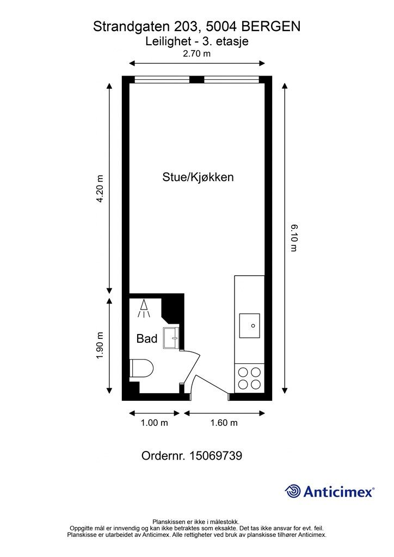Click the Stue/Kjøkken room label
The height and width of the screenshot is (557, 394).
pos(198,177)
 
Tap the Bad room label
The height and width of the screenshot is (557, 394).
pos(147,338)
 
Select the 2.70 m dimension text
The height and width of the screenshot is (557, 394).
pos(196,54)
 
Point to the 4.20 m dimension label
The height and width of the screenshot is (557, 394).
pos(100,189)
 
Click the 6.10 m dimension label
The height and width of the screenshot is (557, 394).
pos(294,238)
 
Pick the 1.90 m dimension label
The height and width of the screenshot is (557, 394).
pos(100,345)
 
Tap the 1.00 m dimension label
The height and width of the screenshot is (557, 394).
pos(154,423)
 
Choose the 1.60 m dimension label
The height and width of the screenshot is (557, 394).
pos(224,423)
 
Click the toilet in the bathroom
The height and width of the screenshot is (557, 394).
pos(141,368)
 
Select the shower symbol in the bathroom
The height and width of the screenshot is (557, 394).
pos(144,309)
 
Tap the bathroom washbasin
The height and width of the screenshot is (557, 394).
pos(171,338)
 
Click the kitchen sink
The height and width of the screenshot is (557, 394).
pos(249,326)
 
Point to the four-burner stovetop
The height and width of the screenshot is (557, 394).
pos(249,378)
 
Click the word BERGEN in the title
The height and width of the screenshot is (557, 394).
pos(271,27)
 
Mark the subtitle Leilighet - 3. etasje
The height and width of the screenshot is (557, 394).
pos(197,41)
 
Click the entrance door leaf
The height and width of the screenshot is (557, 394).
pos(212,385)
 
